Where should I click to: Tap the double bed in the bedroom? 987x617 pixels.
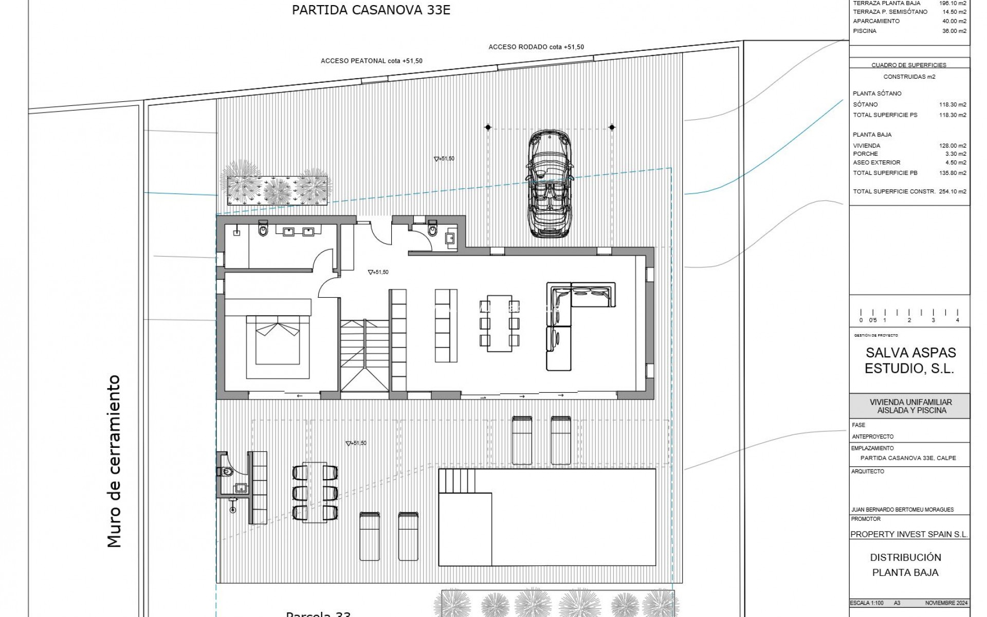tap(278, 340)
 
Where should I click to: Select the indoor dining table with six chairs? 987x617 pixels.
tap(499, 323)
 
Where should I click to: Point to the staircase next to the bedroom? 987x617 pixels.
tap(364, 355)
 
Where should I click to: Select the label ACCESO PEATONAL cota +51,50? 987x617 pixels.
tap(371, 61)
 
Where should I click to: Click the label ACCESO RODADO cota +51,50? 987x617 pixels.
tap(536, 47)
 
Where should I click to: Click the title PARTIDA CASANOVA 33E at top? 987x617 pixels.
tap(371, 10)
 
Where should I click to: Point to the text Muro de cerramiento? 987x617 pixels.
tap(114, 461)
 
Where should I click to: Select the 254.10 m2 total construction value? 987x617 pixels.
tap(953, 191)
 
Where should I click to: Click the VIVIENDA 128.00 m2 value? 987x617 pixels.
tap(953, 146)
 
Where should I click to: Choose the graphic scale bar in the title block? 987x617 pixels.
tap(909, 315)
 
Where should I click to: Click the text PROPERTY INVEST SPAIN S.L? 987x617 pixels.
tap(909, 534)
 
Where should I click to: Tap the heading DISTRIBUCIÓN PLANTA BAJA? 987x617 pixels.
tap(905, 565)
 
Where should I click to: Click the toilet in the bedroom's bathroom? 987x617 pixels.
tap(264, 231)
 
